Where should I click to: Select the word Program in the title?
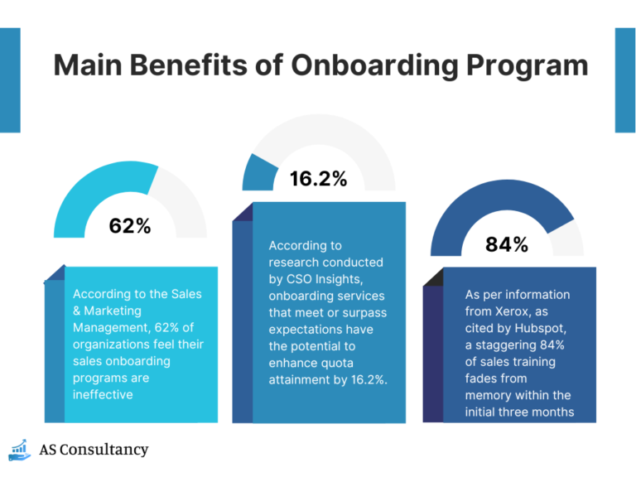click(x=526, y=65)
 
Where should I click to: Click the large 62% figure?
click(x=130, y=224)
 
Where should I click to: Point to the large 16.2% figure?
click(x=317, y=178)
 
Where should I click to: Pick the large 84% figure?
click(x=506, y=244)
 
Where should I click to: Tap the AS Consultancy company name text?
click(x=94, y=450)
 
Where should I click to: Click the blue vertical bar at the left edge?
click(x=9, y=80)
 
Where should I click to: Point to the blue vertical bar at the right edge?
click(x=625, y=80)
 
